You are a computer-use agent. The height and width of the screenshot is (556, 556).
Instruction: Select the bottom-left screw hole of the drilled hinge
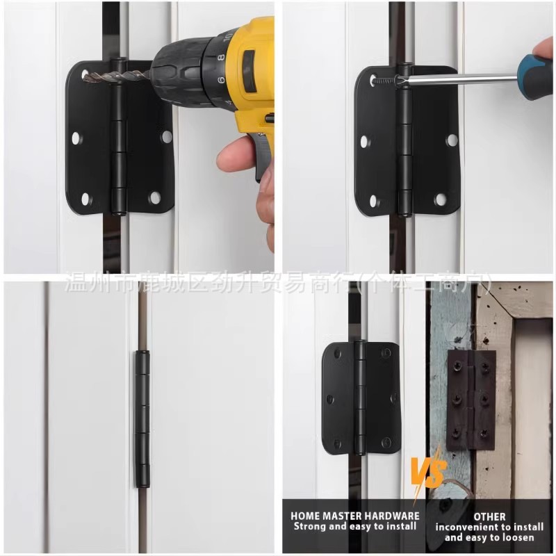(x=85, y=199)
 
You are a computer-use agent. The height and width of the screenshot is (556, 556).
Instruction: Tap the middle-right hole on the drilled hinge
(x=167, y=137)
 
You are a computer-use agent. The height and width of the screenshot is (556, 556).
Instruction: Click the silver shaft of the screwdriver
(x=459, y=79)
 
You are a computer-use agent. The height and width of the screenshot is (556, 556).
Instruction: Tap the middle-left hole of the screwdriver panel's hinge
(x=364, y=141)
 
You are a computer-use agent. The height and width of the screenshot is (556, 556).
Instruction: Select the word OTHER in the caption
(x=490, y=516)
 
